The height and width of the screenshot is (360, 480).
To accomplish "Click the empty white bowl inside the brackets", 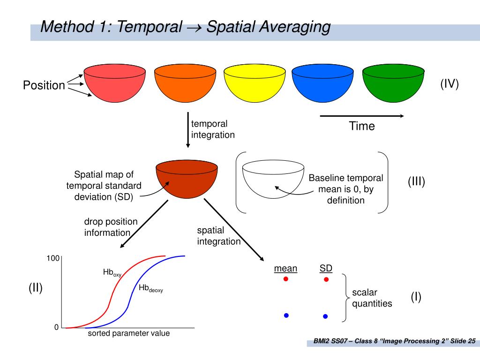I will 273,180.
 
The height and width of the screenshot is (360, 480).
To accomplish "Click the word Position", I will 44,85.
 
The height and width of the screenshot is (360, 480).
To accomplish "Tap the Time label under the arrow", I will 361,126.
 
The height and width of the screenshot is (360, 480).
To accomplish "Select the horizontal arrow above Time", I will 362,116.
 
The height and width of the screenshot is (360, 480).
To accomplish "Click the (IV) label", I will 449,84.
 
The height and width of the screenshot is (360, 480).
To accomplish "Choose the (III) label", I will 416,182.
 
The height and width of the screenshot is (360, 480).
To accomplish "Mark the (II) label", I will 36,288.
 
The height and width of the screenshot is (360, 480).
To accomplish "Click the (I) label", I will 416,297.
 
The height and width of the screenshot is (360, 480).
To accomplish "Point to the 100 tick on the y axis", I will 52,258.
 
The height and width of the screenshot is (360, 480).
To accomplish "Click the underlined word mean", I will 285,268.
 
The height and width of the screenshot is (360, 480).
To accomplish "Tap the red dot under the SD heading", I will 326,279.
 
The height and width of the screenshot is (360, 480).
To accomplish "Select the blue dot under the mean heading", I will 286,315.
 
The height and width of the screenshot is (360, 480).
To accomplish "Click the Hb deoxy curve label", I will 150,288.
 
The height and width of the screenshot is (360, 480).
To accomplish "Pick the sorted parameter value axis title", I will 129,333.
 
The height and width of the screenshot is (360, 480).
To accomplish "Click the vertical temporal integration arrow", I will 188,130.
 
